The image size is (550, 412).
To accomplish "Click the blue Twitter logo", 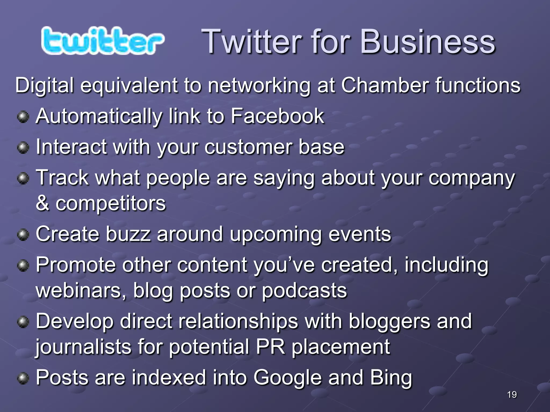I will point(102,41).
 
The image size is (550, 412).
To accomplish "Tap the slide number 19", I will point(512,395).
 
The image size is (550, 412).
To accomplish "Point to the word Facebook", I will point(277,116).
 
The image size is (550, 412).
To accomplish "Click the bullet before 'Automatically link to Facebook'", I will point(23,117).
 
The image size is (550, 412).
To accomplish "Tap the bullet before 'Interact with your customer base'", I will point(23,148).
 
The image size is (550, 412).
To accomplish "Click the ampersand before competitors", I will point(42,203).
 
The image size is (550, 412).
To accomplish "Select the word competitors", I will point(110,203).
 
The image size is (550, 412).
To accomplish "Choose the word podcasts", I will point(304,290).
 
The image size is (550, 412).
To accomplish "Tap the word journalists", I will point(84,347).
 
